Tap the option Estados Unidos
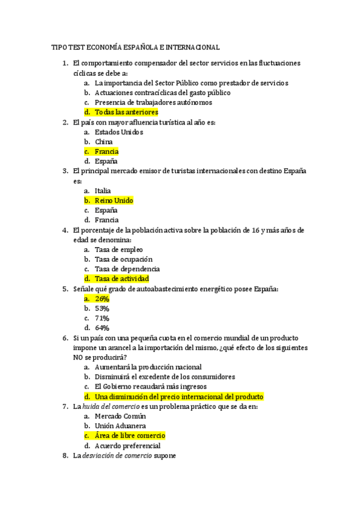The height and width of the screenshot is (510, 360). click(119, 132)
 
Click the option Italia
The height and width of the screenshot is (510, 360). click(103, 191)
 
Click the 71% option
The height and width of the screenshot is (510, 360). click(102, 318)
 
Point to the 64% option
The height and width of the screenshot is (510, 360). click(102, 328)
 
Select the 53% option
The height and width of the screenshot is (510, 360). click(102, 308)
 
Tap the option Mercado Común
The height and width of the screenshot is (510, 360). click(120, 416)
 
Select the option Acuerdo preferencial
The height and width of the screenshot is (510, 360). click(127, 446)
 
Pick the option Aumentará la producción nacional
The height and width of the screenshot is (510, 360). click(148, 367)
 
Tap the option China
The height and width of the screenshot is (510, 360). click(104, 142)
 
